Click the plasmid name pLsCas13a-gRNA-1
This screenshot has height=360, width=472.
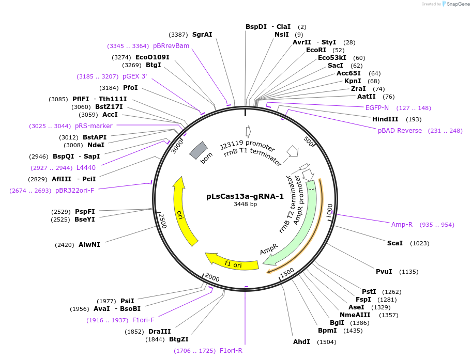click(x=245, y=196)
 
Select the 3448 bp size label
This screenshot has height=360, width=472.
click(x=245, y=204)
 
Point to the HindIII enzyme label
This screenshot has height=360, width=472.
click(x=385, y=119)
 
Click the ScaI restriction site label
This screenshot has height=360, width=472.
click(x=394, y=243)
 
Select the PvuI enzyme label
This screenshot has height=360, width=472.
click(x=384, y=272)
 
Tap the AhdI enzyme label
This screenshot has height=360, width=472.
click(x=301, y=342)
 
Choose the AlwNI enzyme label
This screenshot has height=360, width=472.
click(x=89, y=245)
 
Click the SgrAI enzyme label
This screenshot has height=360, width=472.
click(x=202, y=35)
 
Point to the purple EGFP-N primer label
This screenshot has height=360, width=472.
click(x=377, y=108)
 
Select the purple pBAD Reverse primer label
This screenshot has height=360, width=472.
click(x=400, y=131)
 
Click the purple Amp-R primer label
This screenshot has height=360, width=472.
click(x=402, y=225)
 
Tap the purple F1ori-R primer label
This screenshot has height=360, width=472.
click(x=231, y=351)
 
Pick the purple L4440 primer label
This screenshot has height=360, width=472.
click(x=86, y=168)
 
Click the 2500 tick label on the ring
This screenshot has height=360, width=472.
click(x=162, y=220)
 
